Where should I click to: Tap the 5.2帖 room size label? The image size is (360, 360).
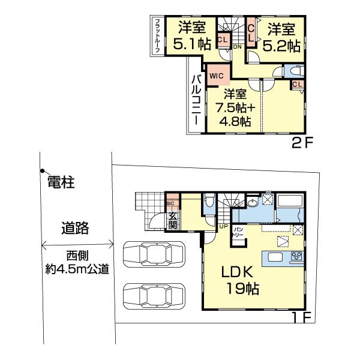click(x=283, y=44)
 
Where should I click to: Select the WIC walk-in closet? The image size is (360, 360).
click(x=216, y=76)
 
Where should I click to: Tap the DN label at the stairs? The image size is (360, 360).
click(x=237, y=46)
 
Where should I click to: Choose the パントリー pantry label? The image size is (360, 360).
click(x=238, y=231)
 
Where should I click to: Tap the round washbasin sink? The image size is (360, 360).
click(x=251, y=203)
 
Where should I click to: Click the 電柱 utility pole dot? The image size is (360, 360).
click(x=42, y=170)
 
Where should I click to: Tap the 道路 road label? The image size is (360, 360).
click(x=75, y=227)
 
